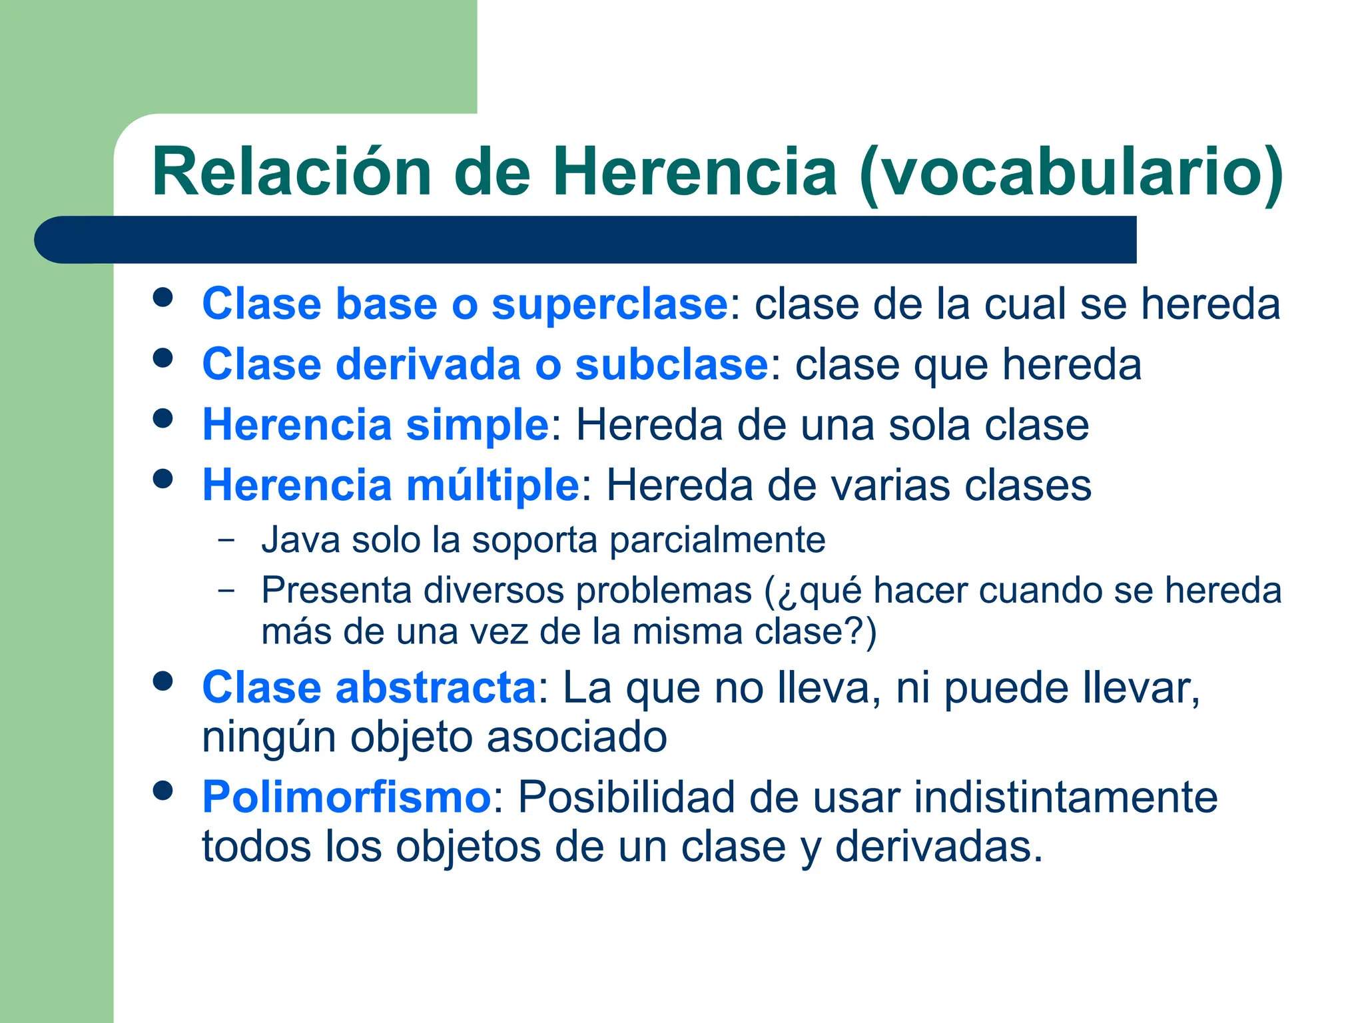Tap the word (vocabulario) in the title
(1071, 173)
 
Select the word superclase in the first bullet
(609, 304)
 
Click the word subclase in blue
(671, 365)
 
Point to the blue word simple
(477, 426)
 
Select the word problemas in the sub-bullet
(663, 591)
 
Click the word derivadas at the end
(938, 847)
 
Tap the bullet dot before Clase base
(163, 297)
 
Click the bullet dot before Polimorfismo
(163, 791)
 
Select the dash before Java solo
(226, 539)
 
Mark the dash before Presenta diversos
(226, 590)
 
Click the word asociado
(576, 737)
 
